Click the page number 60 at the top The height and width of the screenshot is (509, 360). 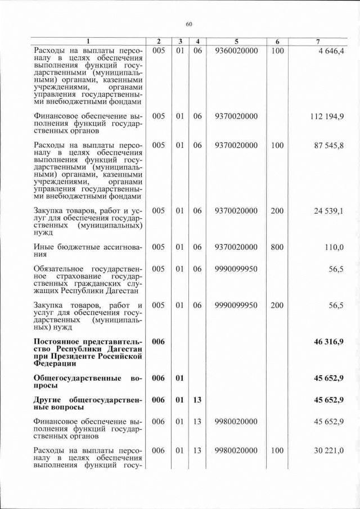(189, 24)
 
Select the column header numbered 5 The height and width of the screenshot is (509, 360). (236, 42)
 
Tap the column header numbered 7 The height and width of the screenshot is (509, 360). (318, 42)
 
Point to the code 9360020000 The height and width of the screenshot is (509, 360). (236, 51)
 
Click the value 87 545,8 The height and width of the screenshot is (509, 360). (329, 145)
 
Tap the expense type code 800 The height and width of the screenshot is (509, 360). (277, 247)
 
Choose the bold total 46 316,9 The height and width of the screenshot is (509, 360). (329, 341)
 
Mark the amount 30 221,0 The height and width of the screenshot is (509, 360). (329, 451)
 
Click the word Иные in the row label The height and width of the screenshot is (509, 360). (44, 247)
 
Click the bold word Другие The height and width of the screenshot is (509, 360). (49, 400)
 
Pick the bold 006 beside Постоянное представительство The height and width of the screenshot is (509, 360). (159, 341)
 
